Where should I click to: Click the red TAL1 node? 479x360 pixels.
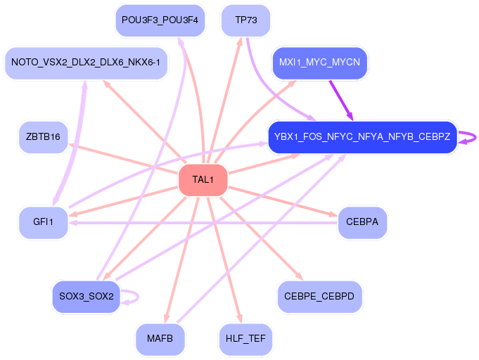[x=203, y=180]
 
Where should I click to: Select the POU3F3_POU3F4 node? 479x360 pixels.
[x=160, y=20]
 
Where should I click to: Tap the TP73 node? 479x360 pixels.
[x=246, y=20]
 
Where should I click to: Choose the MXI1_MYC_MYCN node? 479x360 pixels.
[x=319, y=63]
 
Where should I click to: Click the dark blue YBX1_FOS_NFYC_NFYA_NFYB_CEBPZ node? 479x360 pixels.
[x=362, y=136]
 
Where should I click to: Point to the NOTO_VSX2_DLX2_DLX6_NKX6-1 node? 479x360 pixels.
[x=86, y=63]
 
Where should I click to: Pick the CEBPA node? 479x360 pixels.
[x=362, y=222]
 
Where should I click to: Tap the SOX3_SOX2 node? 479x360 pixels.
[x=87, y=296]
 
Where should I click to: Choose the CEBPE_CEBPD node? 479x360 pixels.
[x=319, y=296]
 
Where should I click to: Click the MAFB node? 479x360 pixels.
[x=160, y=339]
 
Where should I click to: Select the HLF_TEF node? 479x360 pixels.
[x=245, y=339]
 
